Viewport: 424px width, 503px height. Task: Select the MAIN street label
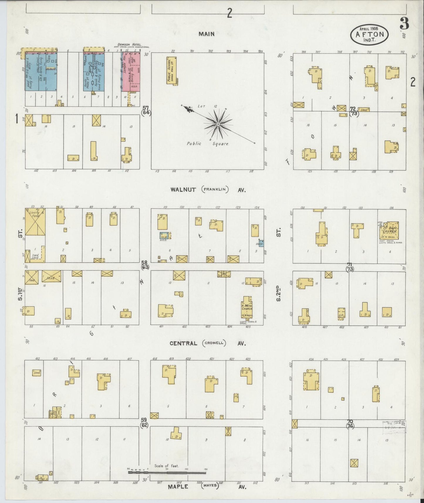[206, 34]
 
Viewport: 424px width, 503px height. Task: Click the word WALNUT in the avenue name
[183, 190]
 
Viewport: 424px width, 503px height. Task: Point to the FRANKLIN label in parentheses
[215, 189]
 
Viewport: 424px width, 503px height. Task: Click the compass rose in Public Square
[218, 124]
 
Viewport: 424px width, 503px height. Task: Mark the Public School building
[171, 71]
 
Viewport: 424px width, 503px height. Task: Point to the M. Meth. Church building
[247, 307]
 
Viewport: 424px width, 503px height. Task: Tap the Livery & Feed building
[35, 222]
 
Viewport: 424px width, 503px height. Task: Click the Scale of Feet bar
[167, 473]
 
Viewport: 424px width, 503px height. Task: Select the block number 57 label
[146, 109]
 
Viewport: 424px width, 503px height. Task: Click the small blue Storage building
[261, 243]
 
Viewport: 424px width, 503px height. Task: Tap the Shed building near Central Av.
[36, 373]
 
